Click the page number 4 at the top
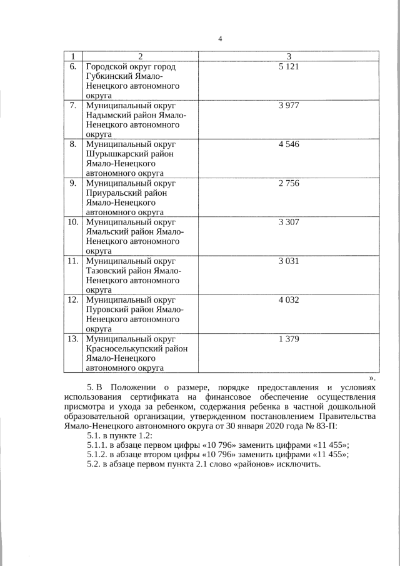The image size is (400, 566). (220, 39)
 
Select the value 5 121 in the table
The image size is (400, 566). (289, 66)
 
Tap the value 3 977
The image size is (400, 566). (289, 105)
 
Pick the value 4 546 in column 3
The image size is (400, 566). (289, 144)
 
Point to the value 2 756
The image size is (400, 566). (289, 183)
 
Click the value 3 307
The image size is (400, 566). (289, 222)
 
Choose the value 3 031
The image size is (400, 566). (289, 261)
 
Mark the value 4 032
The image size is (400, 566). (289, 300)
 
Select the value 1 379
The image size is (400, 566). (289, 339)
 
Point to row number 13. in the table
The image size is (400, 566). (72, 339)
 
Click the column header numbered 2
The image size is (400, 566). (141, 56)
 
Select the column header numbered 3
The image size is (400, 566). (289, 56)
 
